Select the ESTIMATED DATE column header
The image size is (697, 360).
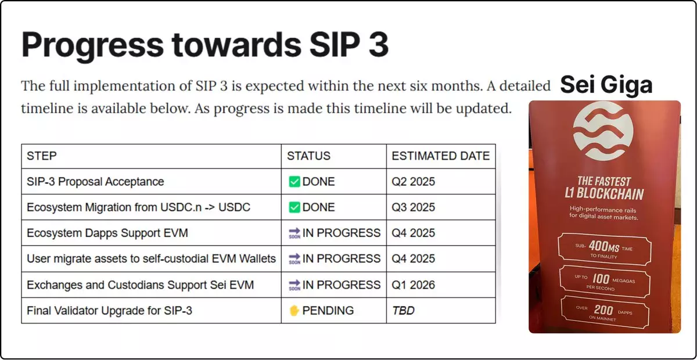pyautogui.click(x=441, y=156)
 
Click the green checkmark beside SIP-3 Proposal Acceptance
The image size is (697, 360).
pyautogui.click(x=294, y=182)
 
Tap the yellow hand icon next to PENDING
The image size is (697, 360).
pyautogui.click(x=294, y=311)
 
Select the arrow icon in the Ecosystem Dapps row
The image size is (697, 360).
pyautogui.click(x=294, y=233)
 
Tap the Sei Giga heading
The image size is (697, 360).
pyautogui.click(x=606, y=85)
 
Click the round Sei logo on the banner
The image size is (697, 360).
pyautogui.click(x=603, y=131)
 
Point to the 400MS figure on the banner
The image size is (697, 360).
pyautogui.click(x=604, y=247)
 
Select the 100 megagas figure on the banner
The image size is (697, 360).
pyautogui.click(x=601, y=279)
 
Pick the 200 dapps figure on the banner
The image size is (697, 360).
pyautogui.click(x=603, y=310)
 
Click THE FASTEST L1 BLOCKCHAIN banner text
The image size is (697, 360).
pyautogui.click(x=604, y=188)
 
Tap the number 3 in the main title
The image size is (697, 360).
pyautogui.click(x=378, y=44)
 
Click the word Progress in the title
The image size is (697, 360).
pyautogui.click(x=92, y=45)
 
